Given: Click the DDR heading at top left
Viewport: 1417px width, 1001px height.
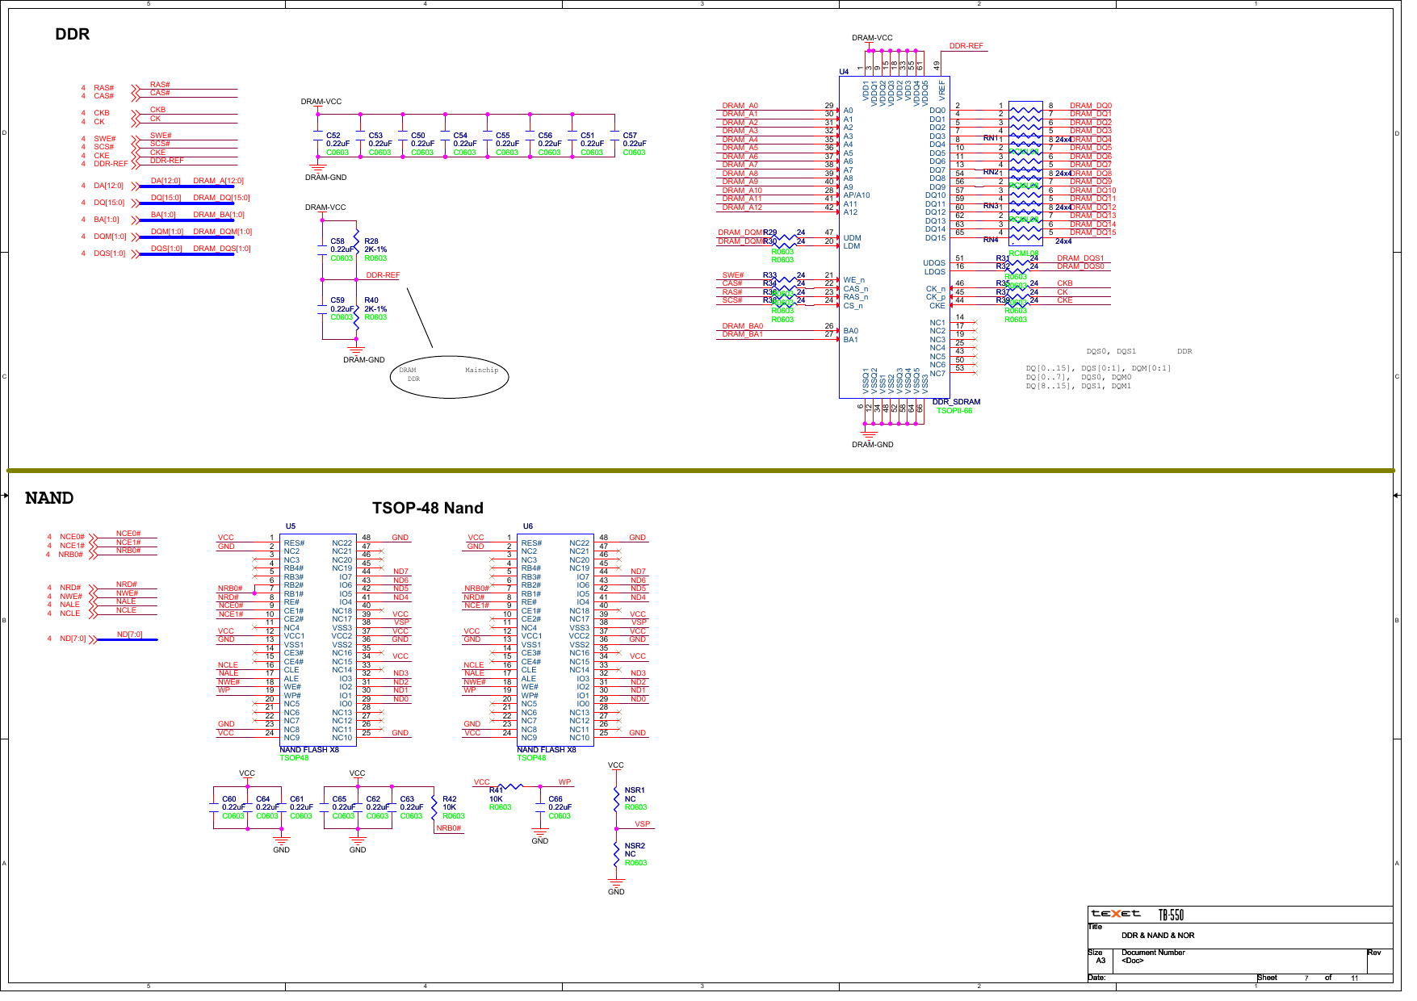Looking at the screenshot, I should pos(72,34).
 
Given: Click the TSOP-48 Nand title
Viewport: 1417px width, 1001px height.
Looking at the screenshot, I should pos(427,508).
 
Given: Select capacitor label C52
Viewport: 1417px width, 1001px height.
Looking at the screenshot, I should pos(333,136).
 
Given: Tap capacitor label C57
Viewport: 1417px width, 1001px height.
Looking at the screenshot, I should pos(630,136).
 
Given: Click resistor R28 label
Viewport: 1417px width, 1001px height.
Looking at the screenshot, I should pos(371,241).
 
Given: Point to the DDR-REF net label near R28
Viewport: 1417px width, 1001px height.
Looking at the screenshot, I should pos(383,275).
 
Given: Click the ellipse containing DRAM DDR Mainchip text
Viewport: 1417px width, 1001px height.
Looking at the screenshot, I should pos(449,376).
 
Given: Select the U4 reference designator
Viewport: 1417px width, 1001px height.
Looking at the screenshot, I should pos(844,72).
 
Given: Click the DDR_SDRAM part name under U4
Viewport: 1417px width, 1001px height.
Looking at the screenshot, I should pos(956,402).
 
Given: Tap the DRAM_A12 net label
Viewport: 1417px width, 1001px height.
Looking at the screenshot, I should pos(741,207).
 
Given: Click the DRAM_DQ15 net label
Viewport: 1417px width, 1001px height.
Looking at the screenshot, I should pos(1092,232).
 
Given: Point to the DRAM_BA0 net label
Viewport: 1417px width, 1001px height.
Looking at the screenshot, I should pos(742,326).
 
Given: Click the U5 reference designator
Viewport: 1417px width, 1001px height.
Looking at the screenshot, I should pos(290,526).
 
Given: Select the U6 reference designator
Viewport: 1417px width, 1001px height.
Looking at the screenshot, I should pos(527,526).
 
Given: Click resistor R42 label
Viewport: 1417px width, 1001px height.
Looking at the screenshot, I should pos(449,799).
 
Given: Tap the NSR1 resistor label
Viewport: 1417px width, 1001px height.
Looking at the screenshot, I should pos(634,790).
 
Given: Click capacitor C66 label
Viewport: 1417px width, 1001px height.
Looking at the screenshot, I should pos(555,799).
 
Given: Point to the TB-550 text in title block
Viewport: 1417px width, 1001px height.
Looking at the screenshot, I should pos(1171,915).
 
